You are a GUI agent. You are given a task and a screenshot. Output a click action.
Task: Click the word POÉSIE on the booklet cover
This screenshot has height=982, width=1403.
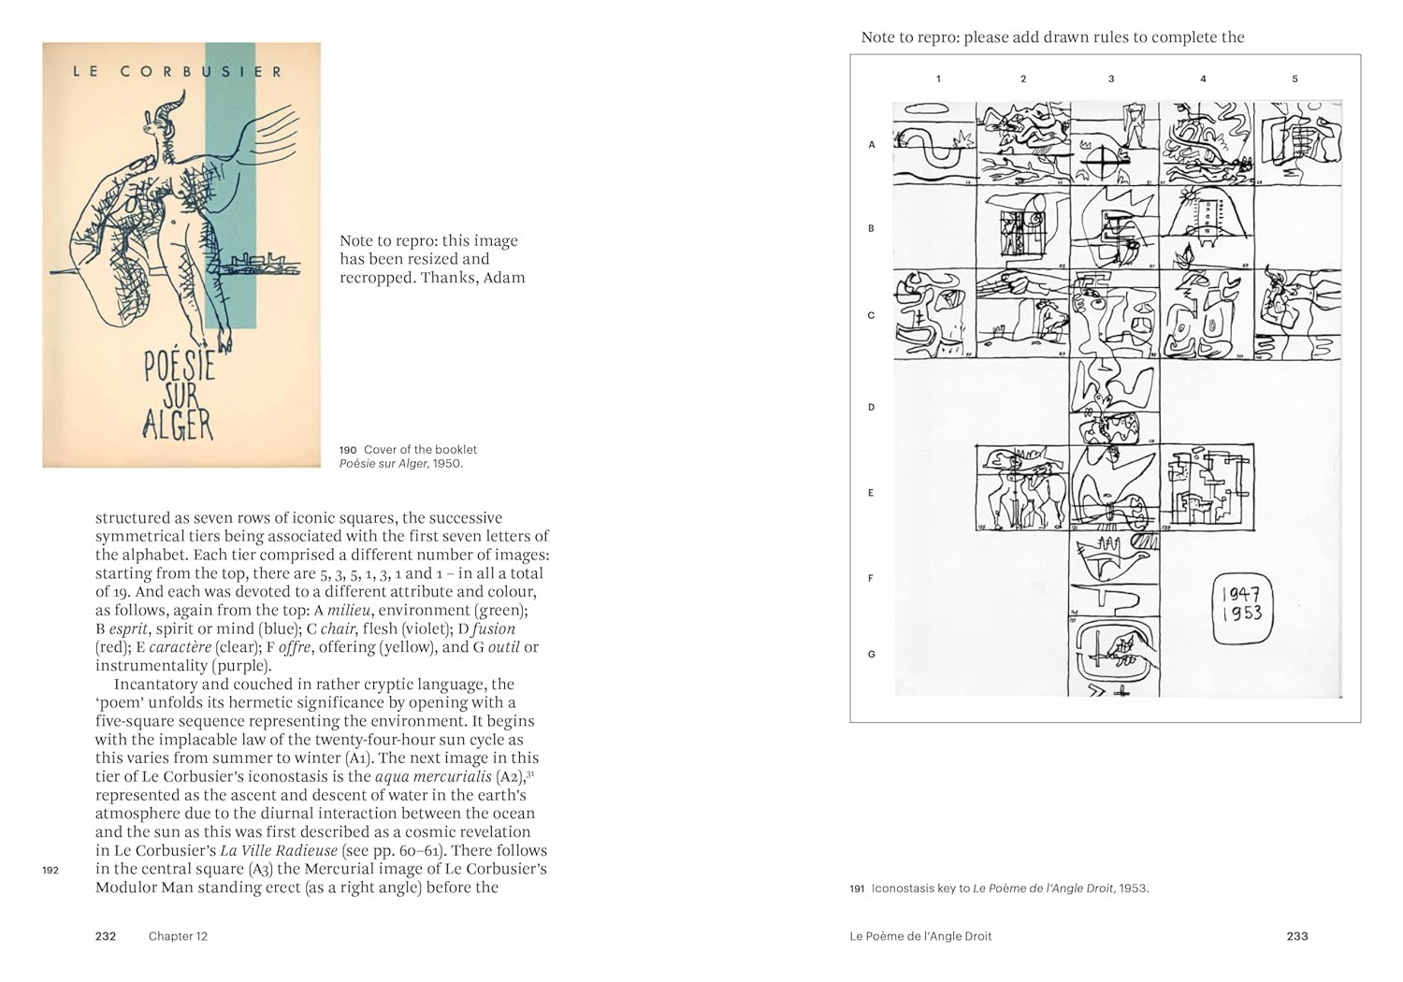180,366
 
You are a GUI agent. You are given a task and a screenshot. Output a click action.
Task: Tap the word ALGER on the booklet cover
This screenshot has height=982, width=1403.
178,425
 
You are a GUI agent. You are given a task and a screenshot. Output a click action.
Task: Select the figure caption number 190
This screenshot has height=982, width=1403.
348,450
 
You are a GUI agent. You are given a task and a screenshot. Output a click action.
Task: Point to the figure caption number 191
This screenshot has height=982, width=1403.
857,888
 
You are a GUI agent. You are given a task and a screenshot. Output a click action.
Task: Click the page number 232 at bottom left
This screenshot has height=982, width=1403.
106,936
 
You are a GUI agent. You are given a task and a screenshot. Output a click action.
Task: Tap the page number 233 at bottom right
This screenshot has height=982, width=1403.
1296,936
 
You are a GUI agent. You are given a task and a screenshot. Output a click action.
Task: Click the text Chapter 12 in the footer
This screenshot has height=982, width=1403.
178,936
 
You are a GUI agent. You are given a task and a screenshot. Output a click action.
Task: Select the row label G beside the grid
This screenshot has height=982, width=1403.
872,655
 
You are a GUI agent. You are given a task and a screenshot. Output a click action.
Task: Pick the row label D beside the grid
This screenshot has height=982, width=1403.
872,408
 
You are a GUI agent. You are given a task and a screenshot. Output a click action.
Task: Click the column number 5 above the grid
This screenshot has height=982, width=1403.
1295,79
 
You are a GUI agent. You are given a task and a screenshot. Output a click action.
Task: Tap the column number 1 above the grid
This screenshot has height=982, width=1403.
938,79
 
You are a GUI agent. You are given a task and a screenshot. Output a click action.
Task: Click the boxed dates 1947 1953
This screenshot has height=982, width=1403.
1242,604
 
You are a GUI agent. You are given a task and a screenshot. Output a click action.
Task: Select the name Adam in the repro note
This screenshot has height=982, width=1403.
504,278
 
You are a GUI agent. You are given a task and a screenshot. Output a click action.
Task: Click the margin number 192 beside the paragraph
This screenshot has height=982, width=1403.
51,871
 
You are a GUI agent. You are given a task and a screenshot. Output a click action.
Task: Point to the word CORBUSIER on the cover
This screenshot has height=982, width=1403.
201,71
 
